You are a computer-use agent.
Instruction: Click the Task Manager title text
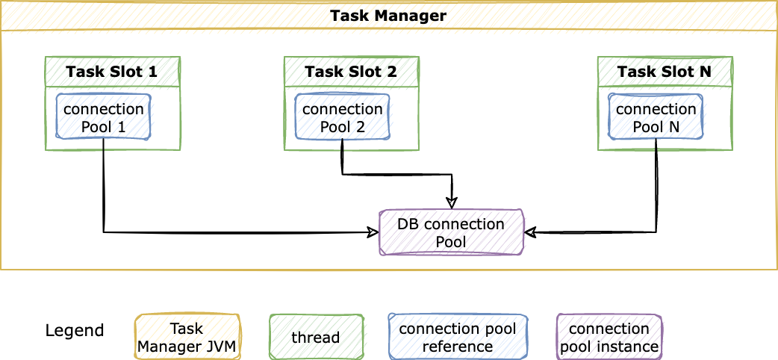tap(388, 16)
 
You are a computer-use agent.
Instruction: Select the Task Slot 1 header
tap(112, 72)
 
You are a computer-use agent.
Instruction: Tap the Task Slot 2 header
tap(351, 72)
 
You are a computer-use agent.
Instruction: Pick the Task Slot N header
tap(665, 72)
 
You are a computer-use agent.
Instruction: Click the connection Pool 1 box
tap(103, 117)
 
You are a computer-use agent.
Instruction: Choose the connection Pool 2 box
tap(342, 117)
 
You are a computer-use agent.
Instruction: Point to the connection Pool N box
tap(656, 117)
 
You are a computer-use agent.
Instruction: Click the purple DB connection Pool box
tap(451, 233)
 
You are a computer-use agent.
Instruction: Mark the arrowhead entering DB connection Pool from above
tap(451, 203)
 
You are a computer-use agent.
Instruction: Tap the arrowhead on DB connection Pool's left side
tap(373, 232)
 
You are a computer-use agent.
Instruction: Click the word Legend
tap(75, 331)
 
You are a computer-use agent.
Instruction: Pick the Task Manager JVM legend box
tap(187, 337)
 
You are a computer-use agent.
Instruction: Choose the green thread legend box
tap(316, 337)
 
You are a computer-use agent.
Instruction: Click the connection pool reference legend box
tap(458, 337)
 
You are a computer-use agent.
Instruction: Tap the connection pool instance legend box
tap(609, 337)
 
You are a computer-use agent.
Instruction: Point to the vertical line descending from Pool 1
tap(103, 187)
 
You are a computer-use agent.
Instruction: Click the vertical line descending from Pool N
tap(656, 187)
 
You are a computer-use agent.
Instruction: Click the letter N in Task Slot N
tap(705, 72)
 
